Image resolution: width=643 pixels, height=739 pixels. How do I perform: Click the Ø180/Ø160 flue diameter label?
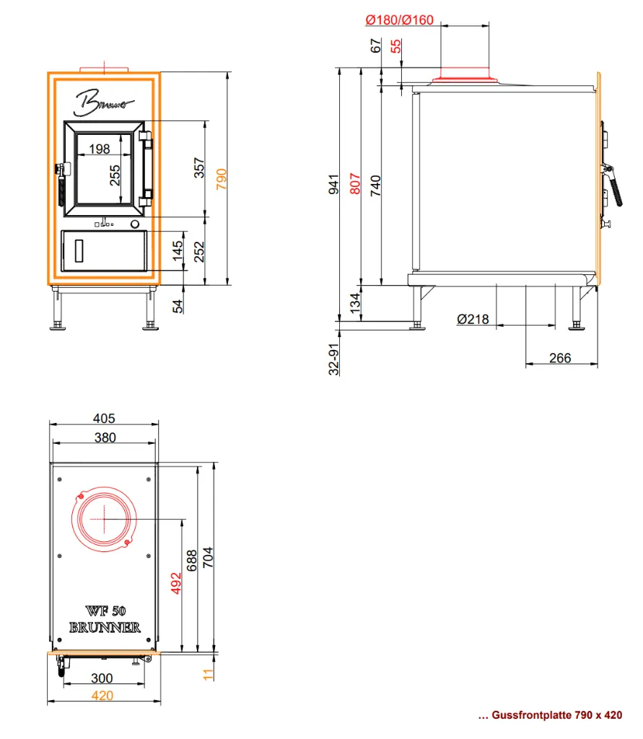399,19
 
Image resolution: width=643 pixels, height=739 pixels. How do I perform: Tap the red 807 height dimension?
355,184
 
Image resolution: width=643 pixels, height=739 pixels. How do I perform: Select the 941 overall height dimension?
333,184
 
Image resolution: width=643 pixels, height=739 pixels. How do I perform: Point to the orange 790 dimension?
222,179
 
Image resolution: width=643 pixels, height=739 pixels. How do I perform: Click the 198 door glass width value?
100,149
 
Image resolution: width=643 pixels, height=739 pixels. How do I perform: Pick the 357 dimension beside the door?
199,167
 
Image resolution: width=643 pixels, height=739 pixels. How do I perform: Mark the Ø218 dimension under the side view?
473,319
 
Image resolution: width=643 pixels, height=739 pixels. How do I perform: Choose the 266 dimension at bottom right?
560,358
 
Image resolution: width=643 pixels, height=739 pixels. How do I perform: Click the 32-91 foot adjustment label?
333,359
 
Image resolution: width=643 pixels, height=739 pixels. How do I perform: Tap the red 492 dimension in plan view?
176,583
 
